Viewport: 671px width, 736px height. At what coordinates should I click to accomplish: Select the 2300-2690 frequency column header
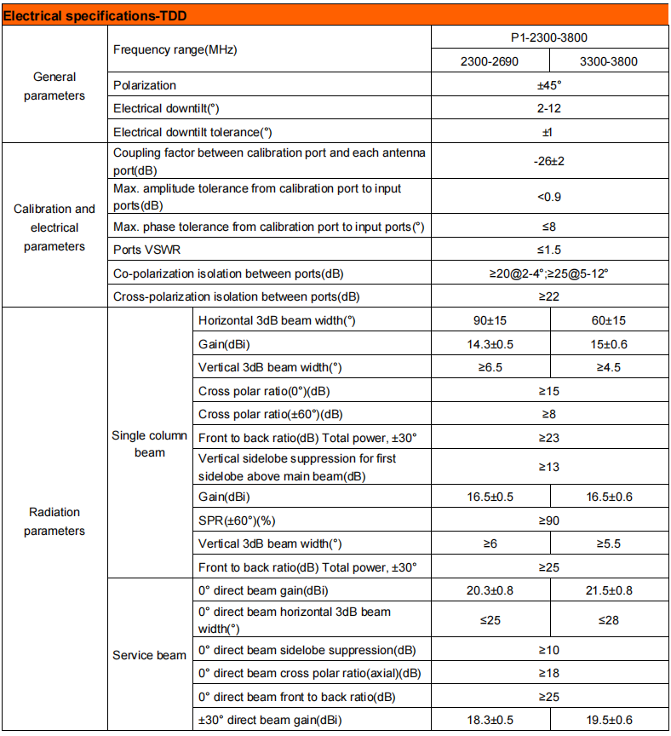pyautogui.click(x=489, y=61)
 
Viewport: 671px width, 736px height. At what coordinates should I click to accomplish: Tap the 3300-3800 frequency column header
pyautogui.click(x=608, y=61)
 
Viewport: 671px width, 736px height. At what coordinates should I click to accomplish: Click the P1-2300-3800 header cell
pyautogui.click(x=548, y=38)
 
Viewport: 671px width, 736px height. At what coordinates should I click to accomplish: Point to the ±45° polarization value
pyautogui.click(x=548, y=85)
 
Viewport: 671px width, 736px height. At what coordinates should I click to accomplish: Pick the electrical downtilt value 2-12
pyautogui.click(x=548, y=108)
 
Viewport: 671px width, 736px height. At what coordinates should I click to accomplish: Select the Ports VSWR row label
pyautogui.click(x=146, y=250)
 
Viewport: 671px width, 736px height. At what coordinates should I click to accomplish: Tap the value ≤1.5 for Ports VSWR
pyautogui.click(x=548, y=250)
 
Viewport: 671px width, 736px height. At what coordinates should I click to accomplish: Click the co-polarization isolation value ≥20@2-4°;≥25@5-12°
pyautogui.click(x=548, y=273)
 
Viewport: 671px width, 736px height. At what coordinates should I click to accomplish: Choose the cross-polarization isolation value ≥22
pyautogui.click(x=548, y=296)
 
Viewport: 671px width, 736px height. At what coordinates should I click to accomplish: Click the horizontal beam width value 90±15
pyautogui.click(x=489, y=320)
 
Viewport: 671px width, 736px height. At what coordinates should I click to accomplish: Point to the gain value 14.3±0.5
pyautogui.click(x=489, y=343)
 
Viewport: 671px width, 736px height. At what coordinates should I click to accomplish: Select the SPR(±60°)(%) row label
pyautogui.click(x=240, y=520)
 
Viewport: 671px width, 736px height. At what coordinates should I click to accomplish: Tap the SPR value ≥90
pyautogui.click(x=548, y=520)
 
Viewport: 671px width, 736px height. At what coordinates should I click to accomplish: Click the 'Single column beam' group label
pyautogui.click(x=149, y=444)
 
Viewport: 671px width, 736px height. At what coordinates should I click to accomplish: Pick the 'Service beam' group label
pyautogui.click(x=149, y=655)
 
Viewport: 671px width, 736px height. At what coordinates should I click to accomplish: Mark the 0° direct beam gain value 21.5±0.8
pyautogui.click(x=608, y=590)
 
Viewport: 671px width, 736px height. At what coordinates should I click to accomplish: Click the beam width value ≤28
pyautogui.click(x=608, y=620)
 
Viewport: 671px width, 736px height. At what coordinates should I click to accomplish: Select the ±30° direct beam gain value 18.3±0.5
pyautogui.click(x=489, y=720)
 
